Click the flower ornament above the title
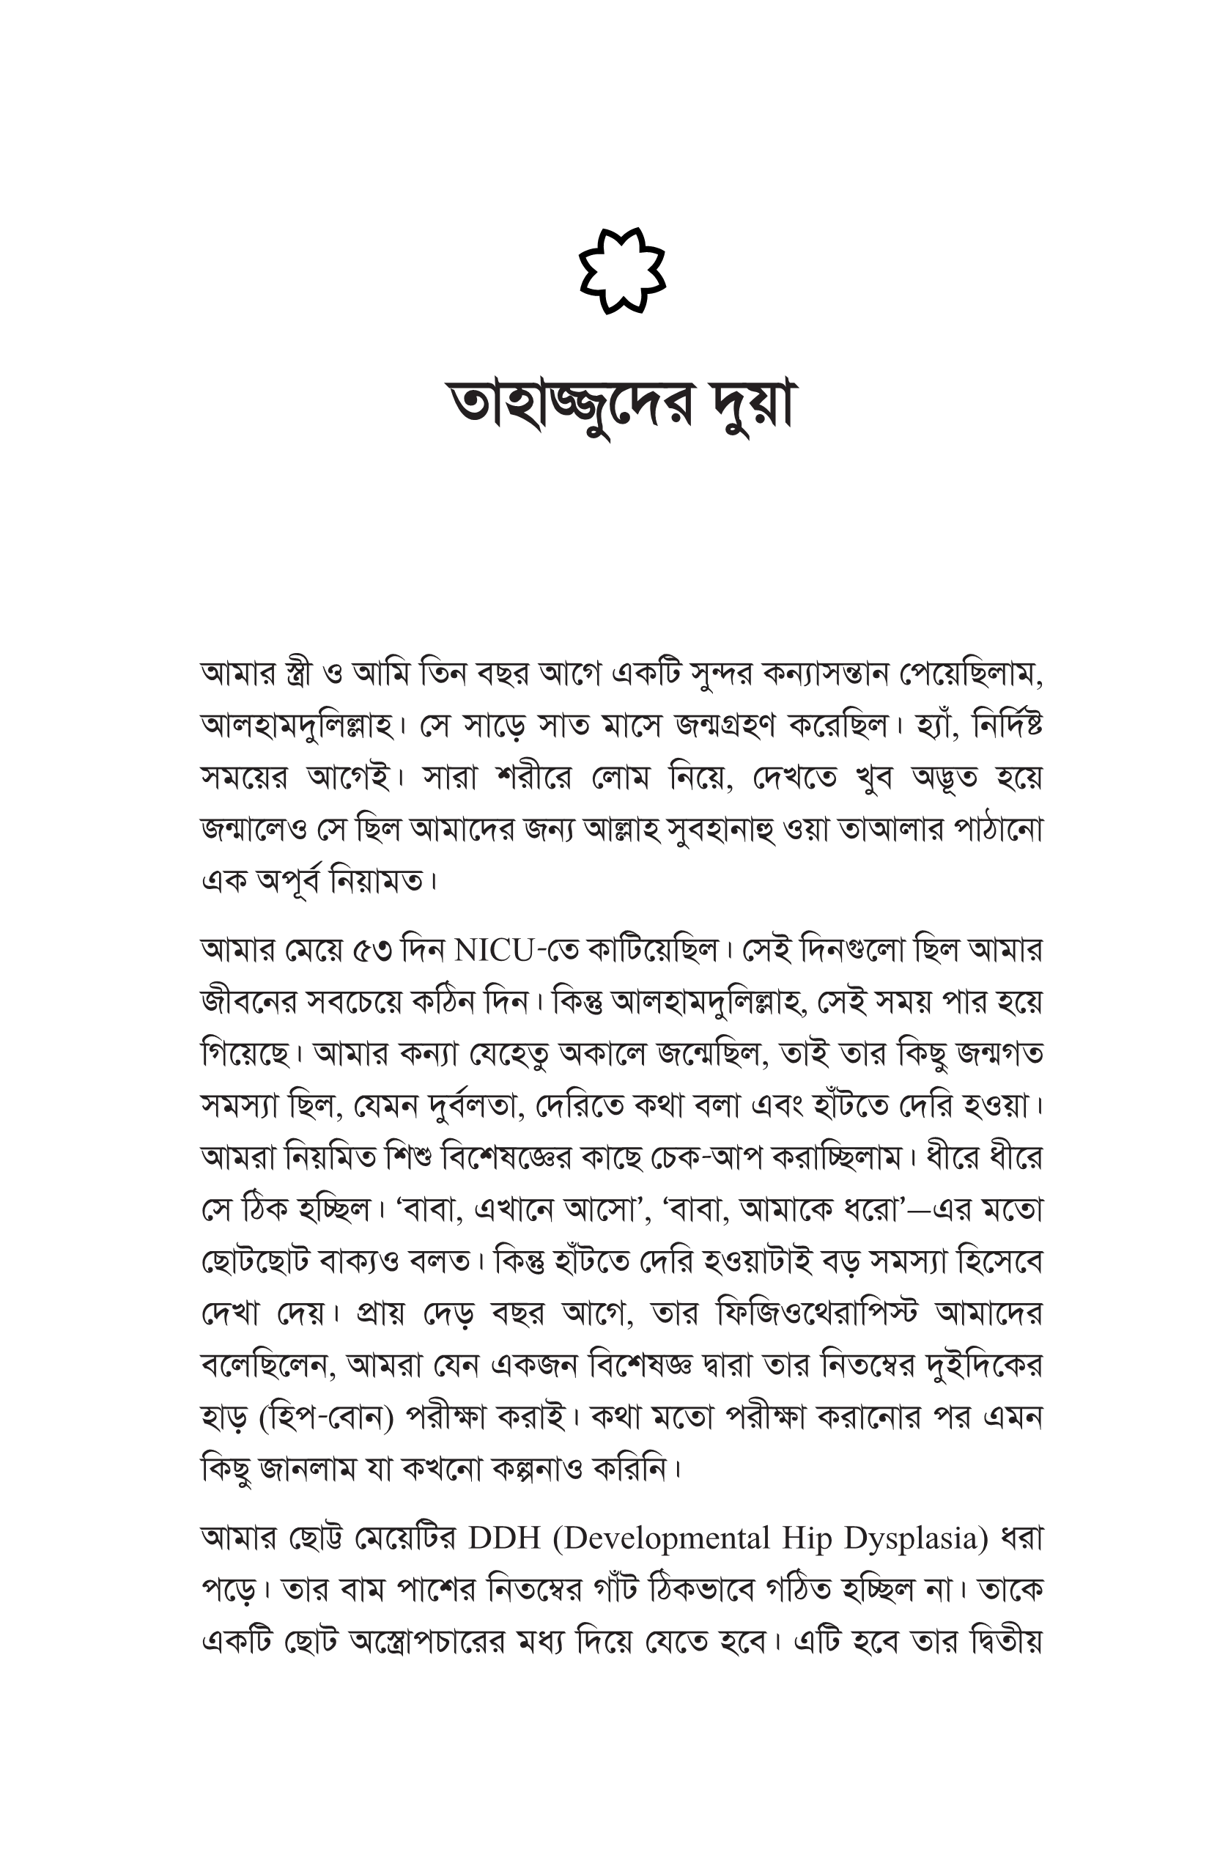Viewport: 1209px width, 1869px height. [x=622, y=271]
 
